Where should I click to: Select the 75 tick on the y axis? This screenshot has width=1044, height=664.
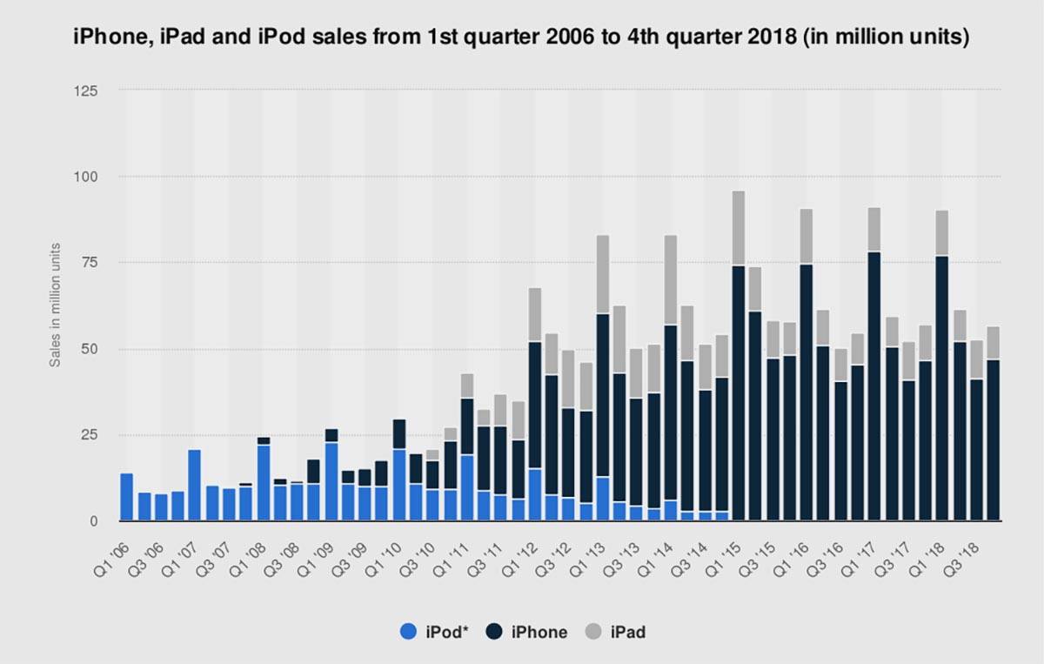(90, 263)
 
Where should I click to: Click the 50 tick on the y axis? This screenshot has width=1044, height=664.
(90, 349)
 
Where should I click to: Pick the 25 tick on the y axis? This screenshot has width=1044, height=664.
(90, 435)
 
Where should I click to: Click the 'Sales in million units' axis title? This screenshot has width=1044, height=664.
(55, 306)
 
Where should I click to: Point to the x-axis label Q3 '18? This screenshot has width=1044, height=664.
(971, 549)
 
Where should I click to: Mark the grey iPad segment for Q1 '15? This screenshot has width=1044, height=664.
(739, 228)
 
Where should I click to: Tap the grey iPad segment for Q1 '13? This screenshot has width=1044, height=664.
(603, 274)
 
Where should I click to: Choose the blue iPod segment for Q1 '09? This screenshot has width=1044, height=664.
(331, 482)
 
